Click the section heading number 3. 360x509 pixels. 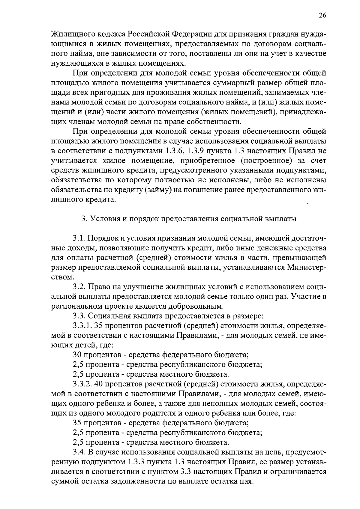pos(84,219)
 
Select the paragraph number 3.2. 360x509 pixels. pos(79,287)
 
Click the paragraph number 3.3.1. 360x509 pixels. pos(82,326)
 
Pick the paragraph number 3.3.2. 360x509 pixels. pos(82,384)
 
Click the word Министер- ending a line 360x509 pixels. pos(307,267)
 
